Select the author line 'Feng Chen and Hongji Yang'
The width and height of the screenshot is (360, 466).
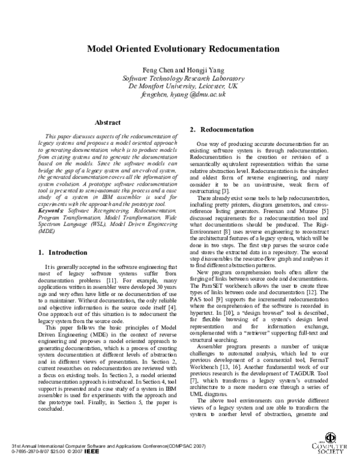point(179,70)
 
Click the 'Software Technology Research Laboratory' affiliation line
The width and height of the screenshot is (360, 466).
point(181,78)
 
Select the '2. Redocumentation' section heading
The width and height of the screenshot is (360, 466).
point(222,130)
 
